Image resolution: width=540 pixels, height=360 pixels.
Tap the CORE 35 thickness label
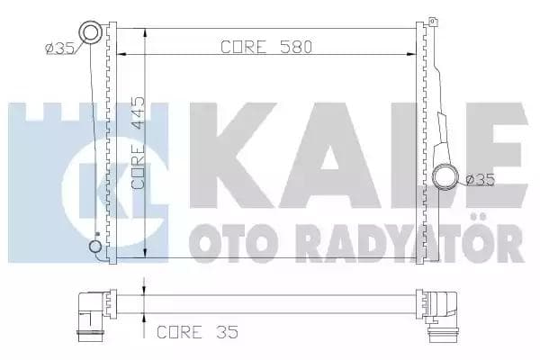[196, 331]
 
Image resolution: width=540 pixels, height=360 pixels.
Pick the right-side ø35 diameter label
[481, 178]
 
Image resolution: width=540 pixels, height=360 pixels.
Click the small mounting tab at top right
[432, 21]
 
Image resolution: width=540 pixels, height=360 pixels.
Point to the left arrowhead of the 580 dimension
[123, 56]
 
